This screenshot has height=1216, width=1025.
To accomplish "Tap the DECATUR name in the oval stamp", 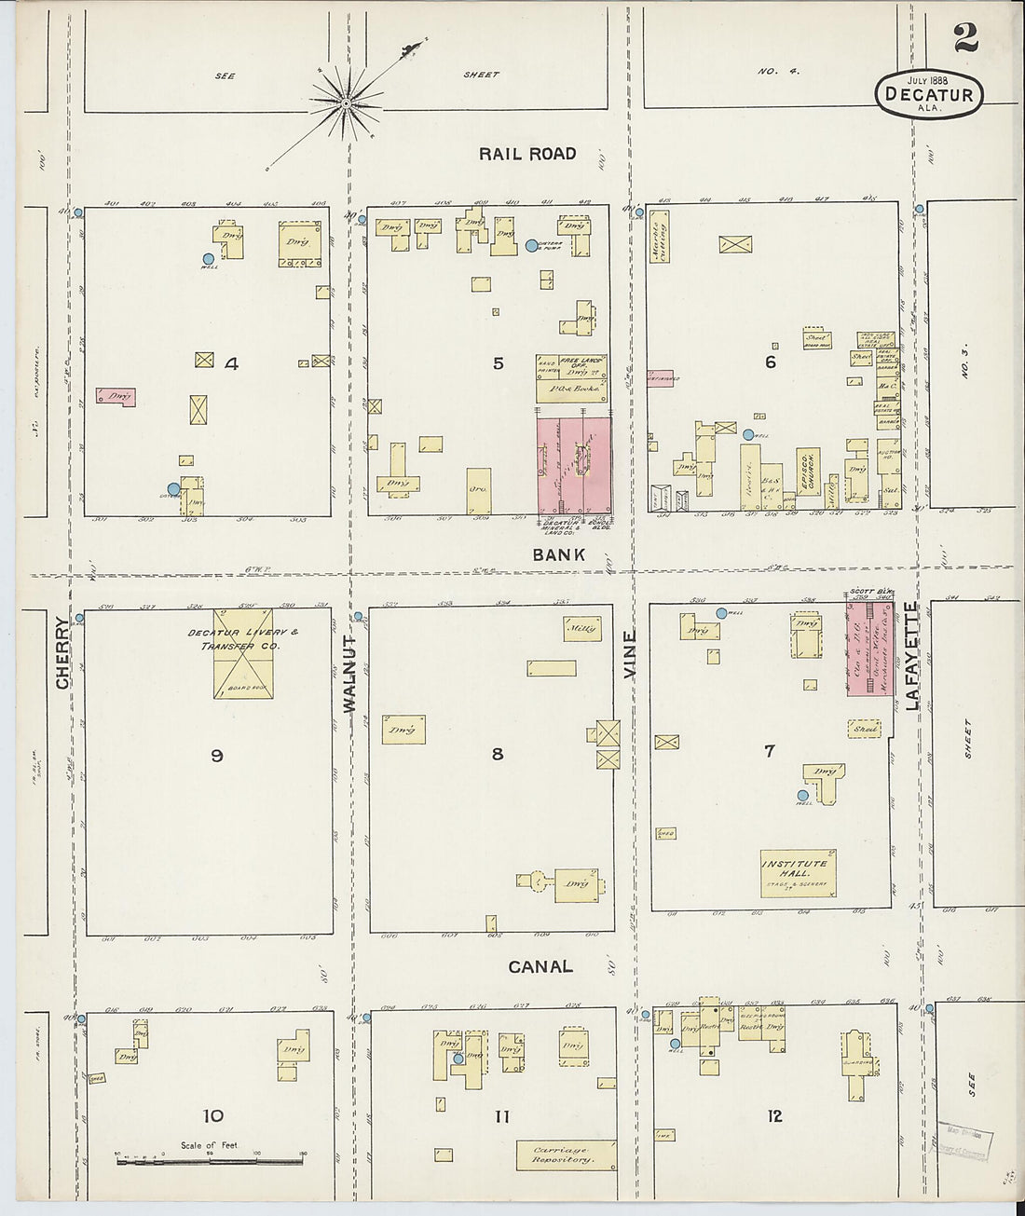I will pos(929,94).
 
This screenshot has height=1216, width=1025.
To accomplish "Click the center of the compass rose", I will pos(346,102).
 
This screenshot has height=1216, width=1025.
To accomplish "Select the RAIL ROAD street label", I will pos(527,154).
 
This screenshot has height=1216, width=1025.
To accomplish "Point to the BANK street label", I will pos(559,554).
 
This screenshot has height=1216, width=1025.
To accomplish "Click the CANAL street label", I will pos(540,967).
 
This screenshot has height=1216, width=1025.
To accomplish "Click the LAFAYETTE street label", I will pos(911,655).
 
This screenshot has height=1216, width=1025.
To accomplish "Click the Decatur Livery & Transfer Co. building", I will pos(242,653).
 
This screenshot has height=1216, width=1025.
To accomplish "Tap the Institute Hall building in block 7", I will pos(798,872).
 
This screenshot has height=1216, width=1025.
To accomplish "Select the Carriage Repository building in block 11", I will pos(566,1155).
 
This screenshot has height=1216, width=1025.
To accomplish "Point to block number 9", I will pos(216,756).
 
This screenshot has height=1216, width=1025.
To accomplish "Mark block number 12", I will pos(774,1116).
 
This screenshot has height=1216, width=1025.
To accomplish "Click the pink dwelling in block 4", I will pos(116,397).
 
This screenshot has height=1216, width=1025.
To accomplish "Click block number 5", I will pos(498,363).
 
